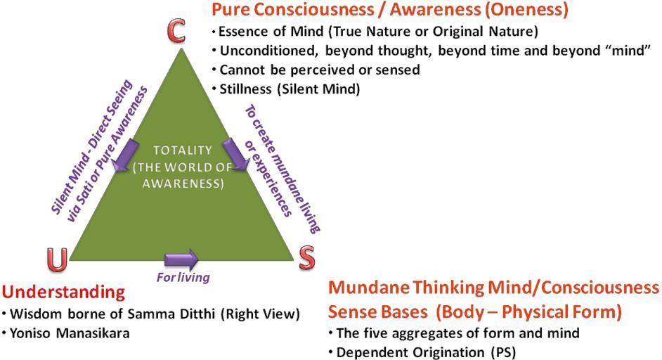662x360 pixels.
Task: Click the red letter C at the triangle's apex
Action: coord(177,30)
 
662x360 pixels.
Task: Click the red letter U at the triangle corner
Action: coord(59,261)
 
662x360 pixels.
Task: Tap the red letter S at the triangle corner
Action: coord(306,259)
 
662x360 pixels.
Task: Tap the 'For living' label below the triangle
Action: coord(183,277)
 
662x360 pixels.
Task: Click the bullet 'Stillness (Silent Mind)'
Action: coord(289,89)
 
